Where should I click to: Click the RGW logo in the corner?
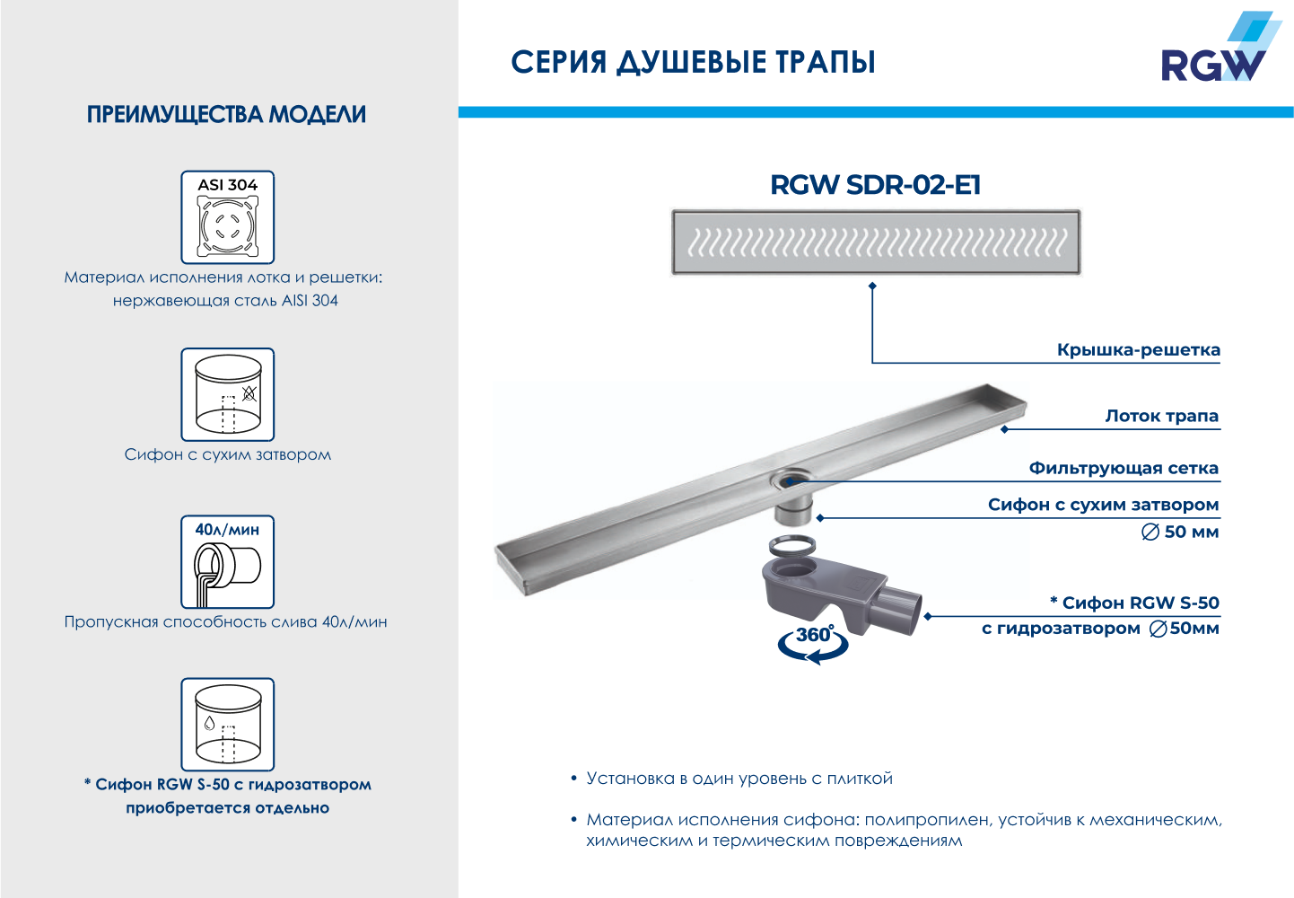1217,47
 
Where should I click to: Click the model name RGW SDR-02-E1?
875,185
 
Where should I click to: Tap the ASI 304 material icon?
228,217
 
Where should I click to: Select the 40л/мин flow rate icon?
228,561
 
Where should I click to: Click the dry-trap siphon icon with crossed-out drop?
228,394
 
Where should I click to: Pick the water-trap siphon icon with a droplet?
228,725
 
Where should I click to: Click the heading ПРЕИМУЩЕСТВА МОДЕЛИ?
226,114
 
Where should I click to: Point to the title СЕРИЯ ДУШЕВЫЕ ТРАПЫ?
693,63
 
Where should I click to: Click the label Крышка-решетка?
1138,350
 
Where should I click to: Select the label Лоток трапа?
1162,416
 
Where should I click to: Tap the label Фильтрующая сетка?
1124,468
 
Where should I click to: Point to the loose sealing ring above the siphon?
792,546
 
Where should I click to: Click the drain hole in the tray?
790,480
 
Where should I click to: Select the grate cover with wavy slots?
876,242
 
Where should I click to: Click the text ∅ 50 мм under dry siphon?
1180,532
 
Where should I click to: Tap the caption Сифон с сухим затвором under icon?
228,454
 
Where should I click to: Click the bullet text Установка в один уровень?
739,779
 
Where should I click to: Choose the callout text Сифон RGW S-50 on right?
1134,603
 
